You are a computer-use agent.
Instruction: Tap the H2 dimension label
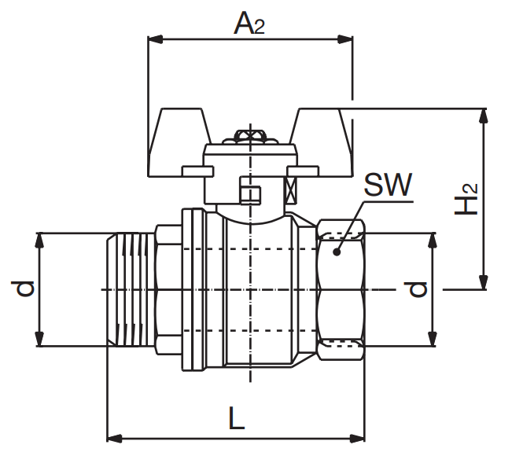click(468, 198)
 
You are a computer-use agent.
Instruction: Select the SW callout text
click(388, 186)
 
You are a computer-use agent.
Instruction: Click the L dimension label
click(236, 417)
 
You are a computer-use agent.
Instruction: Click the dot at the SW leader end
click(336, 252)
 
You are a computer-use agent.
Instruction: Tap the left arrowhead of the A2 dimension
click(154, 38)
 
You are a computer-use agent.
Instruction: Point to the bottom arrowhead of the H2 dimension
click(484, 284)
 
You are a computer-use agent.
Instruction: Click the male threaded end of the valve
click(131, 289)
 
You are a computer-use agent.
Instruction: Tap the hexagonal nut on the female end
click(342, 289)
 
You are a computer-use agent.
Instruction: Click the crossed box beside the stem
click(291, 191)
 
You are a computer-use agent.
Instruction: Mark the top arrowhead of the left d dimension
click(38, 239)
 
